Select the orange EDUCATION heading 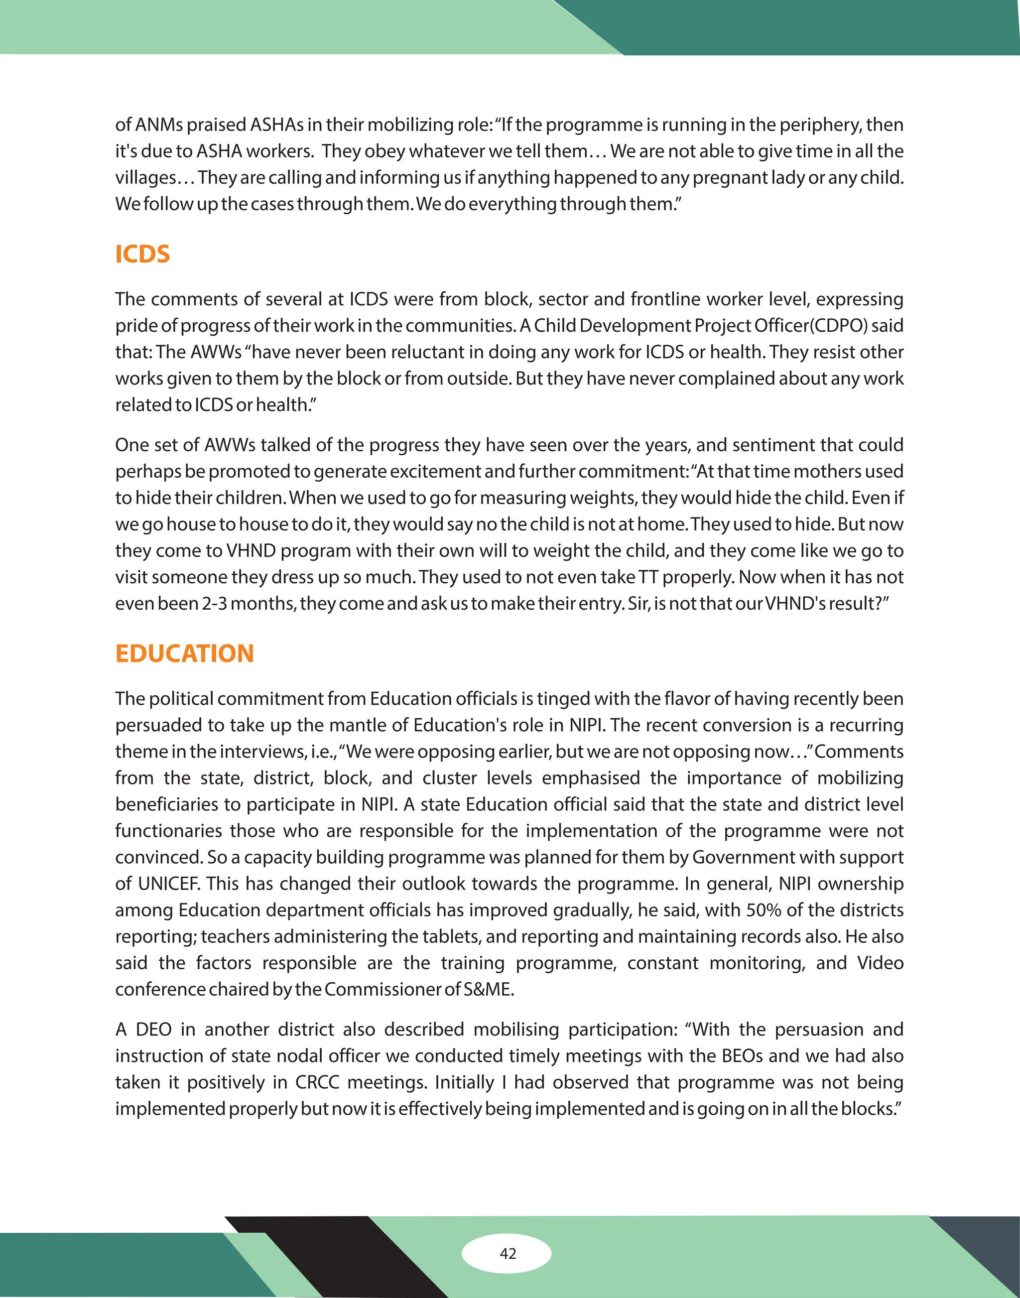coord(185,653)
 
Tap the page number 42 coord(508,1253)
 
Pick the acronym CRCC coord(317,1082)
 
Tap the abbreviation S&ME coord(489,989)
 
